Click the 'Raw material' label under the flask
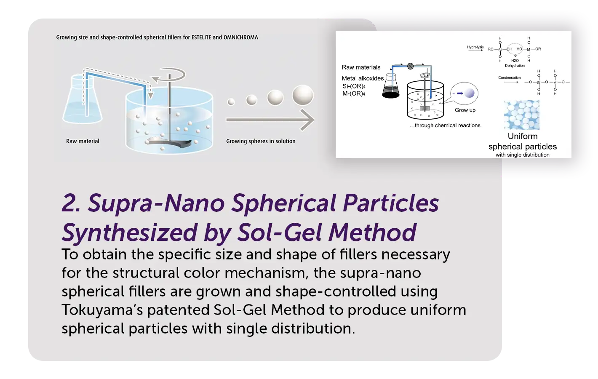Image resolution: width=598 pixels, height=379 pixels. coord(83,141)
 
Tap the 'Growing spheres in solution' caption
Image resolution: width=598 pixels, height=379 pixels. coord(261,141)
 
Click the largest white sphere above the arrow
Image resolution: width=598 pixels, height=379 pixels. coord(303,95)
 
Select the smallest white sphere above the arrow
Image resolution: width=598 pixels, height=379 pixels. coord(231,101)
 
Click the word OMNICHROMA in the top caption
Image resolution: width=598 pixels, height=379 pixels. coord(241,37)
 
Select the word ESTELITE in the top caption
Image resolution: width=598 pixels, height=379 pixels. coord(201,37)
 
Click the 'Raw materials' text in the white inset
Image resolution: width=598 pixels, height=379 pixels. coord(361,67)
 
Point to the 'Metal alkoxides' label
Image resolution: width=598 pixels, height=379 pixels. coord(363,78)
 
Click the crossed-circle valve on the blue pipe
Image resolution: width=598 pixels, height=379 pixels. coord(410,66)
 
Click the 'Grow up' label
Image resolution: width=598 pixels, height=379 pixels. coord(465,110)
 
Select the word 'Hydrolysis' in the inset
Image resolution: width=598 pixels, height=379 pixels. coord(475,47)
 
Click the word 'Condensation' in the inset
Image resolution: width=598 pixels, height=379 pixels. coord(510,77)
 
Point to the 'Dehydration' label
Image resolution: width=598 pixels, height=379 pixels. coord(515,66)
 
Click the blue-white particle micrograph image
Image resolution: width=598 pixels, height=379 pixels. coord(522,115)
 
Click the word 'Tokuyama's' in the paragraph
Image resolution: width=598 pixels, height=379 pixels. coord(102,310)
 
